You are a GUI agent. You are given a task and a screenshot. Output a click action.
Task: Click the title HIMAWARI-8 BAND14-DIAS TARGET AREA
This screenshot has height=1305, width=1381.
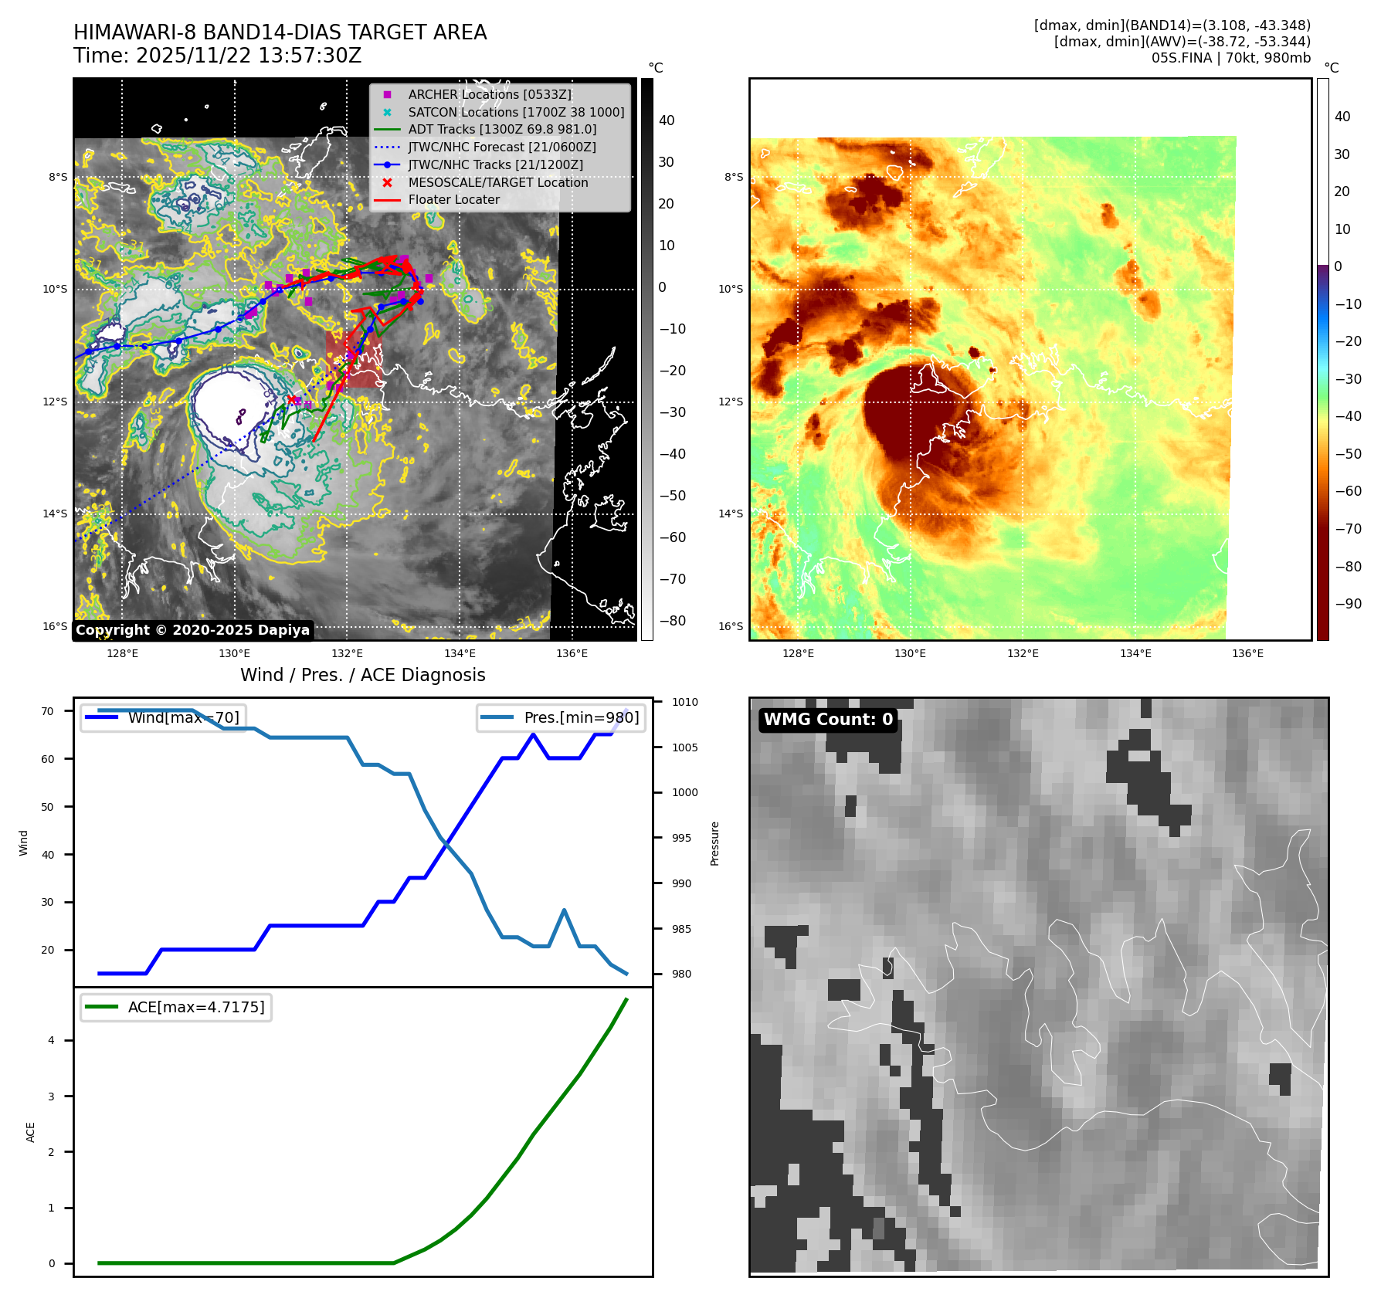(280, 32)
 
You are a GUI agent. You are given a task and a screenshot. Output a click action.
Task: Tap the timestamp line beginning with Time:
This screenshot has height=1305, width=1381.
(217, 56)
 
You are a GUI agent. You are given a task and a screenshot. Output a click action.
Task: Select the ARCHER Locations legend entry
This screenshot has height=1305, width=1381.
(490, 94)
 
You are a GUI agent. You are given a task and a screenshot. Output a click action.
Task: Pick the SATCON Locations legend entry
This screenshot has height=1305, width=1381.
(516, 112)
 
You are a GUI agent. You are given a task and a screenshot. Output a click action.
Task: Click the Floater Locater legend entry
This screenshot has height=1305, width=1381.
(453, 200)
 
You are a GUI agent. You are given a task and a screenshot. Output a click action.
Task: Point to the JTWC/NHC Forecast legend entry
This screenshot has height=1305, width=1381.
(501, 147)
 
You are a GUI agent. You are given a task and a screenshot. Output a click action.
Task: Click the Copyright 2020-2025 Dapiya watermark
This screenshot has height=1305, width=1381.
(192, 630)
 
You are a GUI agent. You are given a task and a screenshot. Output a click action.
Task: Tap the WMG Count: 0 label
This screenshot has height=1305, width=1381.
(828, 720)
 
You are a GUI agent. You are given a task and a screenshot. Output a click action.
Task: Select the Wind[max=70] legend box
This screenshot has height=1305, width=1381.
(164, 717)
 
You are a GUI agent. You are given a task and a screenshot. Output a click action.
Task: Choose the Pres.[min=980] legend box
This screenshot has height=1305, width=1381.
(562, 717)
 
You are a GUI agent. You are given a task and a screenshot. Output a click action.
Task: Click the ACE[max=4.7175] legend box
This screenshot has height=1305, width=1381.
(176, 1007)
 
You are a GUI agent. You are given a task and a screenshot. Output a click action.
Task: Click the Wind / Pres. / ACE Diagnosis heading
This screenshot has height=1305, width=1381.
(362, 675)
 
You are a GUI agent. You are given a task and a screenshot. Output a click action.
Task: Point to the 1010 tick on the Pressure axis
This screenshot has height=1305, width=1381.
(684, 702)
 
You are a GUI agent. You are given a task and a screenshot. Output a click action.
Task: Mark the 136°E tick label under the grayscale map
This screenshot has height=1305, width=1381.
(572, 653)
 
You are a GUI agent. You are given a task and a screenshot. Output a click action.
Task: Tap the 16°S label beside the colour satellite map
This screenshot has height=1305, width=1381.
(730, 626)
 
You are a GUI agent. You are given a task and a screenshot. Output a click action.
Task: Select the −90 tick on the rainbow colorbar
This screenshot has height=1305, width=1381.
(1348, 604)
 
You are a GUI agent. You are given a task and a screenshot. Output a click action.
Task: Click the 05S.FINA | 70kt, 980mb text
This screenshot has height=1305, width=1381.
(1230, 58)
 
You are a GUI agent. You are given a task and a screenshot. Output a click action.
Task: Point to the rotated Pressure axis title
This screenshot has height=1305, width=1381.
(714, 843)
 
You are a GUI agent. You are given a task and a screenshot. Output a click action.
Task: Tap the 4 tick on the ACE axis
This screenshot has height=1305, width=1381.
(52, 1040)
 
